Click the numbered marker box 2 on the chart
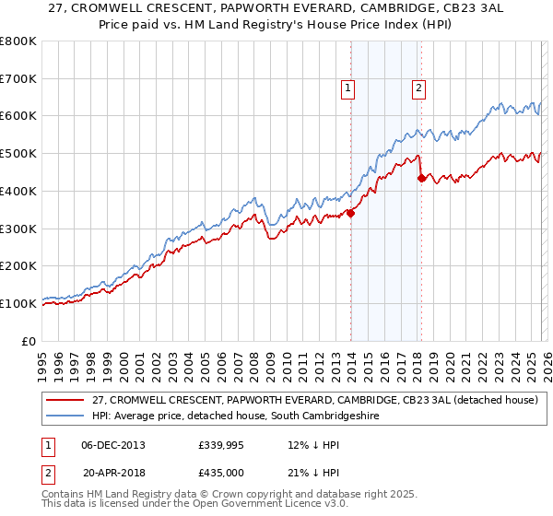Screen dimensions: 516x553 (418, 88)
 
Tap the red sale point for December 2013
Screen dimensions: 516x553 (351, 213)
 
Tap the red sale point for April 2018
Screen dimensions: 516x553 (421, 178)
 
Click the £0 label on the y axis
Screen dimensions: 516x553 (28, 341)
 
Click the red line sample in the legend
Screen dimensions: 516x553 (65, 400)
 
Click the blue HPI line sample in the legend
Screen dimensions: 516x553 (65, 416)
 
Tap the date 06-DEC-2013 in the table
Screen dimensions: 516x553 (113, 445)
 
